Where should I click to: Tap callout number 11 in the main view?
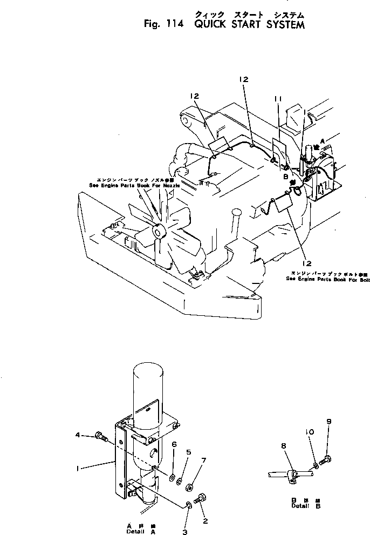pyautogui.click(x=278, y=99)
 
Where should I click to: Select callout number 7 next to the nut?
pyautogui.click(x=204, y=460)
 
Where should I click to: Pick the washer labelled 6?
pyautogui.click(x=171, y=477)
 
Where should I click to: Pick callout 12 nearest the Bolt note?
pyautogui.click(x=306, y=263)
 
